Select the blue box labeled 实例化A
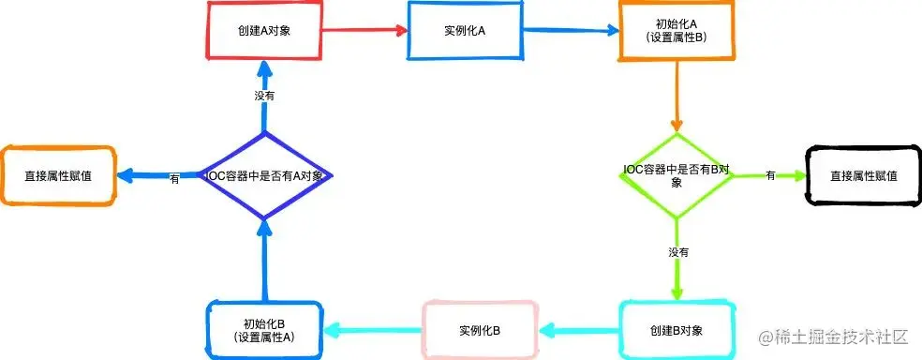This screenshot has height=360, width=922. point(464,30)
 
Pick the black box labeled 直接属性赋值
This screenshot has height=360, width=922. point(863,175)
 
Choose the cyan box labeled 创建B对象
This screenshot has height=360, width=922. point(676,330)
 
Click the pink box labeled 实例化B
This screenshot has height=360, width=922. point(480,330)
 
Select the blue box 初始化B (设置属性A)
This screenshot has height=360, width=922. point(263,330)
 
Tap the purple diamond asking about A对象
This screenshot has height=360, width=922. point(263,175)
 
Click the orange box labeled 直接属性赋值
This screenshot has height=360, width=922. point(58,175)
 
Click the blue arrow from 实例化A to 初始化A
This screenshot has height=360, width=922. point(570,30)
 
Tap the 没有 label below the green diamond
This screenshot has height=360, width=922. point(677,253)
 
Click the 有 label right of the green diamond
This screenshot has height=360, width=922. point(770,175)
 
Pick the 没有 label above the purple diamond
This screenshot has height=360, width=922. point(264,96)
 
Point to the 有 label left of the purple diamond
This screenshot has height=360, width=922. point(175,178)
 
